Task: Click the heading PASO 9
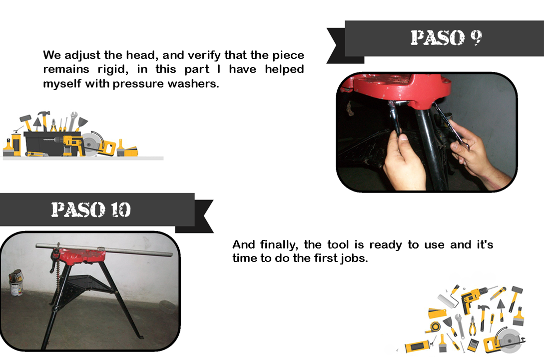[446, 37]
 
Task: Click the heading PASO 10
[91, 209]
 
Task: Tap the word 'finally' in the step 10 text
[279, 244]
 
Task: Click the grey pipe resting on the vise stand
[104, 249]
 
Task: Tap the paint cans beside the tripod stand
[16, 282]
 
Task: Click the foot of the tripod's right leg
[140, 336]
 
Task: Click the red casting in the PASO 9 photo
[399, 88]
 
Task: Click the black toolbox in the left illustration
[52, 143]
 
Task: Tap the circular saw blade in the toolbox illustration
[90, 142]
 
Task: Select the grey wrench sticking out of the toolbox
[72, 121]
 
